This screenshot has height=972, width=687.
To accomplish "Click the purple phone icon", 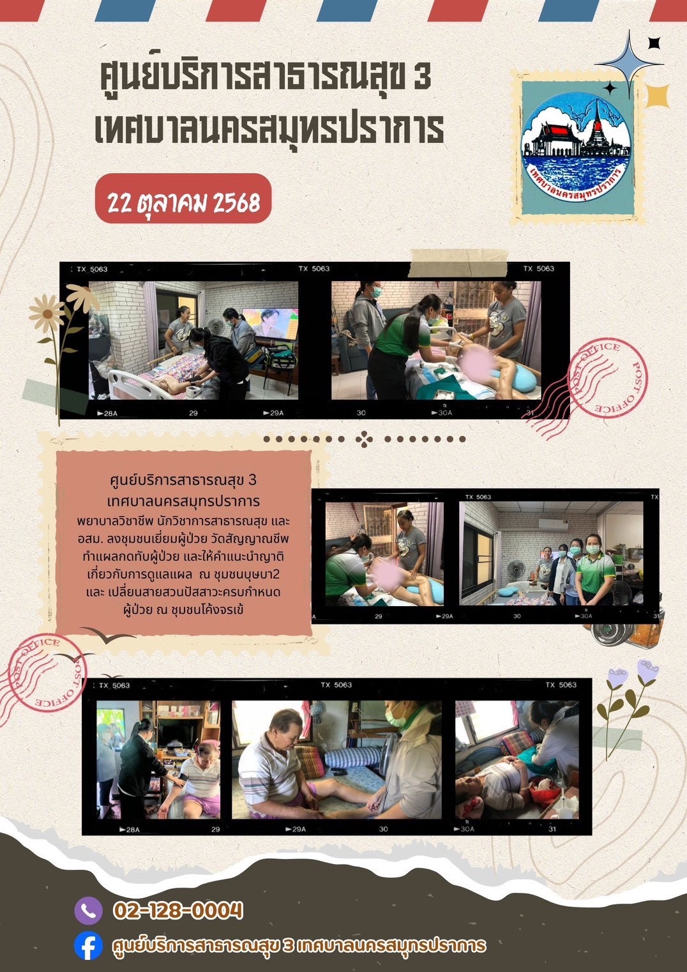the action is point(88,910).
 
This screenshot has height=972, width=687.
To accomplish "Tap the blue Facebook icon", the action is point(88,945).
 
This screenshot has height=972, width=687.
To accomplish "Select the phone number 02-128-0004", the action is point(178,910).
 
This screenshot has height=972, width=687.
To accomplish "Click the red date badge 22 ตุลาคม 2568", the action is point(183,199).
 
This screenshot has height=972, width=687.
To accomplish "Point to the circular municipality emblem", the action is point(576,147).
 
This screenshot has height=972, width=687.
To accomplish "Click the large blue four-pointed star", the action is point(629,65).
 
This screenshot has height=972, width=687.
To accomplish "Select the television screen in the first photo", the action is point(270,324).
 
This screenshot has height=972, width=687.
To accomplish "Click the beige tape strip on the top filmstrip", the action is point(458,263).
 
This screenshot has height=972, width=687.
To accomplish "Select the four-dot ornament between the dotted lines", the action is point(364,439).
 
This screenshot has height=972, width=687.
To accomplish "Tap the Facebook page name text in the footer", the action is point(298,945).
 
